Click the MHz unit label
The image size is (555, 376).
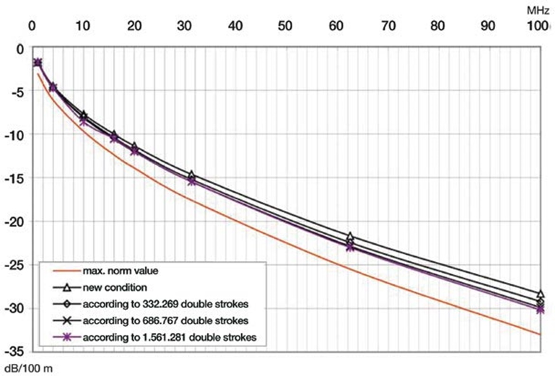point(538,9)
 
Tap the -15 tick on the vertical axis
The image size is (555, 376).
point(13,178)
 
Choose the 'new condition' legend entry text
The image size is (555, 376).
point(114,287)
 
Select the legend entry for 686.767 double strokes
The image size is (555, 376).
point(165,321)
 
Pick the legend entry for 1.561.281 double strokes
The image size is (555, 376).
point(169,337)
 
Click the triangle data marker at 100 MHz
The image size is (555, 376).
point(540,294)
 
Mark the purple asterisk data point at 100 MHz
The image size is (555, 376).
point(540,310)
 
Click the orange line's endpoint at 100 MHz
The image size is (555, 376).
point(540,334)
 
